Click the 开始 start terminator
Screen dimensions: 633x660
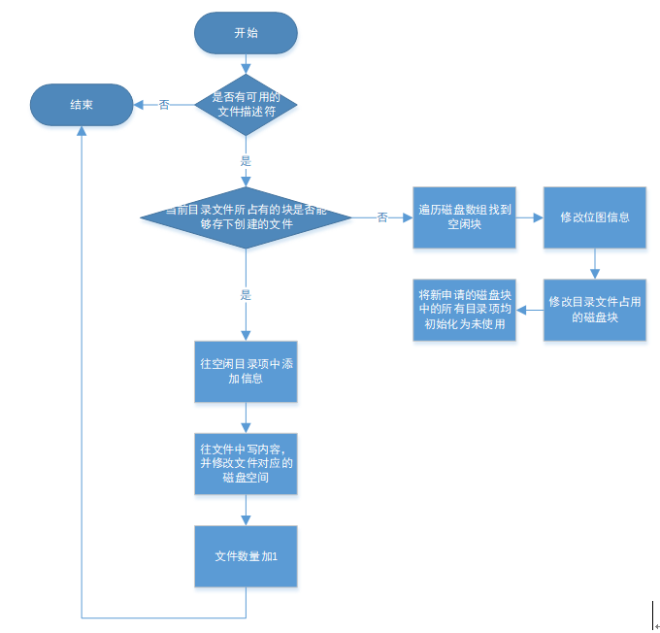point(246,33)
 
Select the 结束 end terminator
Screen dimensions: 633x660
point(82,105)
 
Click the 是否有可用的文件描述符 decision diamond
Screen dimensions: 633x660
point(246,105)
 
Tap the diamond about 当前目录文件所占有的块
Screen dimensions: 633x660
point(246,217)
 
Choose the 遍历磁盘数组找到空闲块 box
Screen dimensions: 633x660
point(464,217)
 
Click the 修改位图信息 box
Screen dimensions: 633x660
point(594,217)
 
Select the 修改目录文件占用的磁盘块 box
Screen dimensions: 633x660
point(594,310)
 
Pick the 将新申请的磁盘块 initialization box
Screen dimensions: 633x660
point(464,310)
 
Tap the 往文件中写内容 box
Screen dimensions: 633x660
point(246,463)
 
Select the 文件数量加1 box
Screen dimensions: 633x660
point(246,556)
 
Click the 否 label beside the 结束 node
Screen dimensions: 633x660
point(164,105)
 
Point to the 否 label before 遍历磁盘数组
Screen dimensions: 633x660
point(382,217)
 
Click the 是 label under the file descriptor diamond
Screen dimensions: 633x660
point(246,161)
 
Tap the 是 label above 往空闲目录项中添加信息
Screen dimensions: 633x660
point(246,294)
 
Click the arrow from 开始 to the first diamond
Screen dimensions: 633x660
point(246,64)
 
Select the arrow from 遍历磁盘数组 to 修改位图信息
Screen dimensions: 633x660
point(528,217)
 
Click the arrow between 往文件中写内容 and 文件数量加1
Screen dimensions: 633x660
point(246,511)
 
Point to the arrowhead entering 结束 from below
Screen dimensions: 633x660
point(82,132)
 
